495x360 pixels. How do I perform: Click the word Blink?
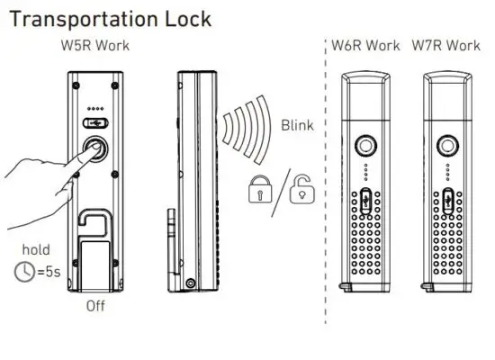click(x=298, y=125)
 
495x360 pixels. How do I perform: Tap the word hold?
click(x=36, y=249)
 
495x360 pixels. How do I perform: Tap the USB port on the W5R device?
click(x=95, y=121)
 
